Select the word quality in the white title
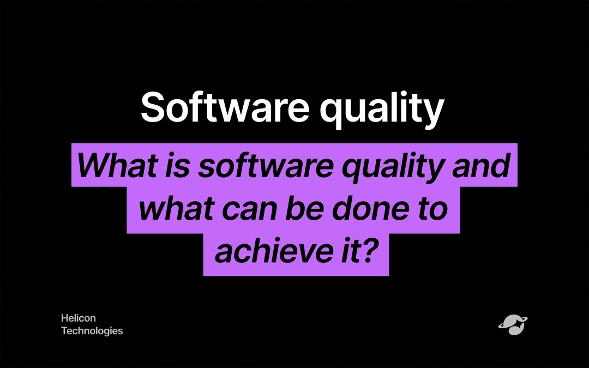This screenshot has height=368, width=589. (x=382, y=110)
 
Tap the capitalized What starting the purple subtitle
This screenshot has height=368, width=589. (x=117, y=165)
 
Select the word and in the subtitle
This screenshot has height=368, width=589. (x=481, y=165)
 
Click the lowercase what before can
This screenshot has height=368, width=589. (x=176, y=208)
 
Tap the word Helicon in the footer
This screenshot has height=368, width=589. (x=79, y=318)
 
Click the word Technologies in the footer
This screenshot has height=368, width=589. (x=92, y=331)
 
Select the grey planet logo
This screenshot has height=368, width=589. (x=513, y=324)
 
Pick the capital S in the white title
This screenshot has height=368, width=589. (x=153, y=107)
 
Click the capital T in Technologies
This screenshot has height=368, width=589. (x=64, y=330)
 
